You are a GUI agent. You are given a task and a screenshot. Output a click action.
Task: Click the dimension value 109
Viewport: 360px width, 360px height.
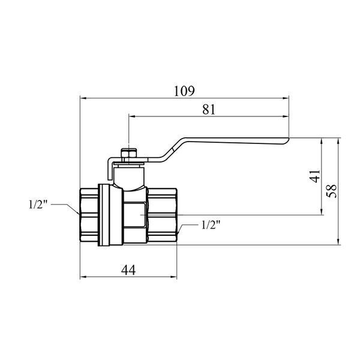pos(184,91)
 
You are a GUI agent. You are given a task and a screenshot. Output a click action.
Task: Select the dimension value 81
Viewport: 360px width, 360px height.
pos(209,110)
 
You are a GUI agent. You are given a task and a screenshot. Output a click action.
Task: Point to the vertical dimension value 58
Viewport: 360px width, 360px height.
pos(332,191)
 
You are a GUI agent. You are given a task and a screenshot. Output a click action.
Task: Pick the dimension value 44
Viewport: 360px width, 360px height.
pos(128,270)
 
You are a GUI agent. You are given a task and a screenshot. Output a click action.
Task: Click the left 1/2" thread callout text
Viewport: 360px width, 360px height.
pos(38,205)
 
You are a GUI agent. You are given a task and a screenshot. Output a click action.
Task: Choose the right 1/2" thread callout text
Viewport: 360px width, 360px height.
pos(211,225)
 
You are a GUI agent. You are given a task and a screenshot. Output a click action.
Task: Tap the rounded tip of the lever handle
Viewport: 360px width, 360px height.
pos(286,140)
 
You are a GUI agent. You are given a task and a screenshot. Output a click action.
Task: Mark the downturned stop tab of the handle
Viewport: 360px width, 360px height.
pos(110,169)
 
